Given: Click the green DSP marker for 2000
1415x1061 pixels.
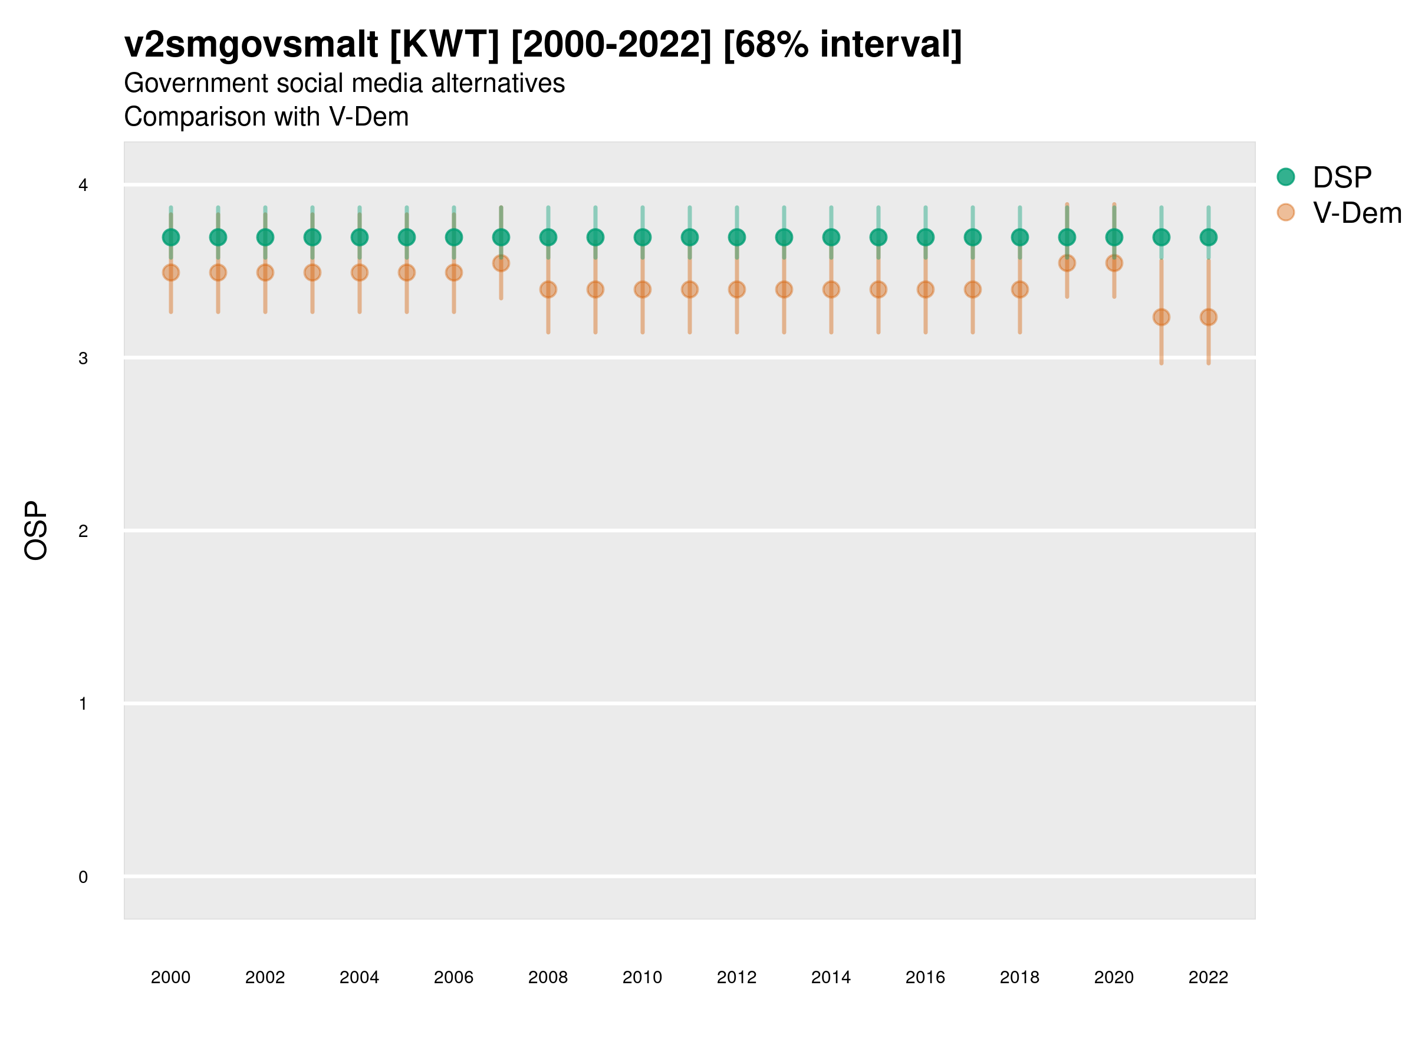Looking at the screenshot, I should (171, 238).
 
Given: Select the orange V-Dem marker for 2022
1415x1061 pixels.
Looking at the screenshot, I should (1209, 317).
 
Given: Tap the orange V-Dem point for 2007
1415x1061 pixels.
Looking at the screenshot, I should (501, 263).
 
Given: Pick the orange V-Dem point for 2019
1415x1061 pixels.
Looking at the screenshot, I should (1067, 263).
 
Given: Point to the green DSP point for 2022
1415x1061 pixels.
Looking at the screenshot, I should (1209, 238).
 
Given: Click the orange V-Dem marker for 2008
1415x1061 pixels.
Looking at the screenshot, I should (548, 290).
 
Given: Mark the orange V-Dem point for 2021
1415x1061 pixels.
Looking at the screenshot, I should (1161, 317).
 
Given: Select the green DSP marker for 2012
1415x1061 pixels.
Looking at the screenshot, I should (737, 238).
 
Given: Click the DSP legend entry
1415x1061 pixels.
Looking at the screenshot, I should (1341, 177).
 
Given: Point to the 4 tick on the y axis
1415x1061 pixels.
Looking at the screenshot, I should (83, 186).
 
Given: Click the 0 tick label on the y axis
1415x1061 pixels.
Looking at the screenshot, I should (83, 877).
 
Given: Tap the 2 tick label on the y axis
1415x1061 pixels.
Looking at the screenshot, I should (83, 531).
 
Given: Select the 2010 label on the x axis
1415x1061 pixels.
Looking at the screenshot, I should (642, 977).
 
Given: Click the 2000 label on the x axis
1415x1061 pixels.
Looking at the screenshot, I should (171, 977).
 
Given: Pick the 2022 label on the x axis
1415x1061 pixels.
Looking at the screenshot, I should (1209, 977).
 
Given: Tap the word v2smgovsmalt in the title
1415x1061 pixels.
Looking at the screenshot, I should (251, 45).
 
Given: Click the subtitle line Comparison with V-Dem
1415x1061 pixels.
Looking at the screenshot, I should (266, 117).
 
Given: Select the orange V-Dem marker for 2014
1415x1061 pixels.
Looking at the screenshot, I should (831, 290).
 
